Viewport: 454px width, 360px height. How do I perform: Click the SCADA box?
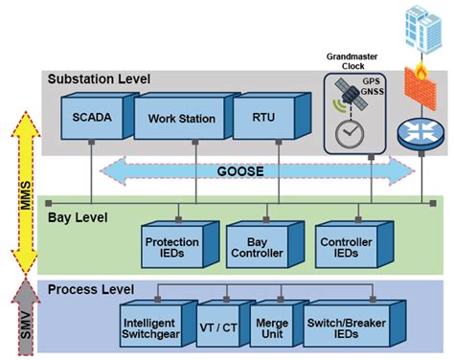click(89, 120)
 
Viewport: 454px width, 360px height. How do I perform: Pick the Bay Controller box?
click(258, 245)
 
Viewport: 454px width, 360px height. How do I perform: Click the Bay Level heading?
click(78, 218)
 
